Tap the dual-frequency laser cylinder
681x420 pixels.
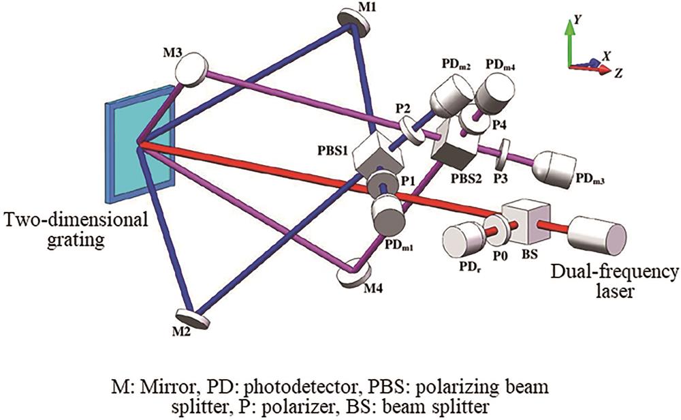599,237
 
